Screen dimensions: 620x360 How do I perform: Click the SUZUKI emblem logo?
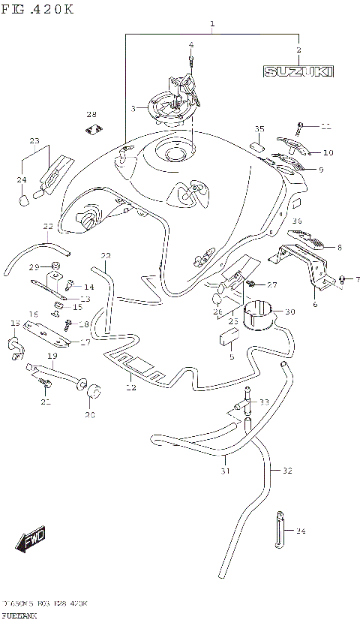point(298,71)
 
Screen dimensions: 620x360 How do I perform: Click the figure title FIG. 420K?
point(37,10)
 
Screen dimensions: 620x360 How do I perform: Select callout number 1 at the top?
point(212,25)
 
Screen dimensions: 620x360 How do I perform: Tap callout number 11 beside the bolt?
point(325,125)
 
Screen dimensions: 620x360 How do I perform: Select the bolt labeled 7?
point(342,279)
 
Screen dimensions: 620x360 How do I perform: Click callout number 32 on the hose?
point(287,471)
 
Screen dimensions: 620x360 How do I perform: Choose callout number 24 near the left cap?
point(21,179)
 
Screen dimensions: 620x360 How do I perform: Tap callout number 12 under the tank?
point(131,387)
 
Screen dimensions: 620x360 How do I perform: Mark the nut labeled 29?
point(55,266)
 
